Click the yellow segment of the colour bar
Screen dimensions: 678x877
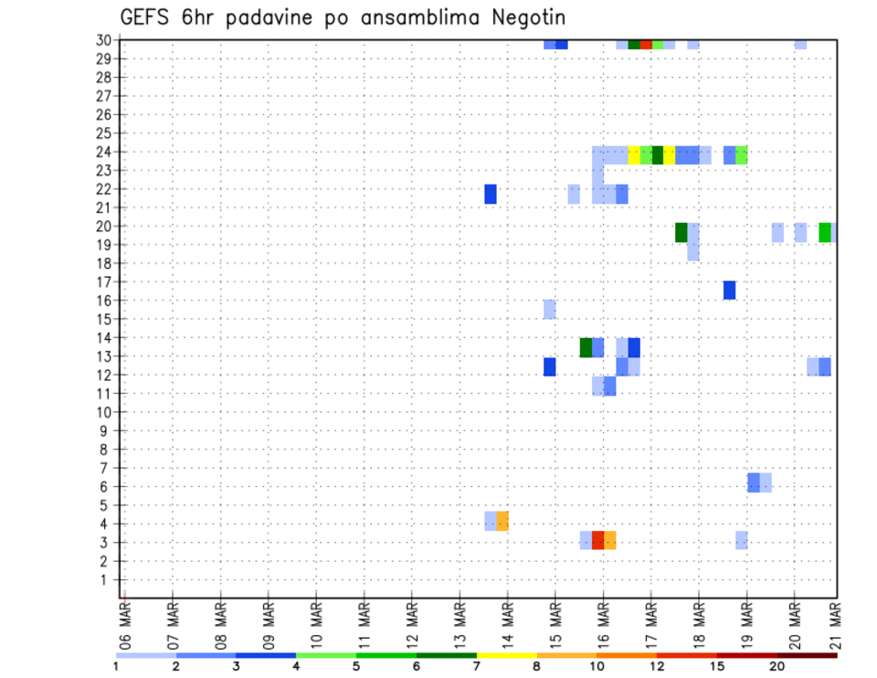pyautogui.click(x=506, y=655)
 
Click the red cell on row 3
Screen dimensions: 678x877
pyautogui.click(x=597, y=540)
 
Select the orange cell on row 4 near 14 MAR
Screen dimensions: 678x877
pyautogui.click(x=502, y=521)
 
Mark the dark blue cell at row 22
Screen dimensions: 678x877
pyautogui.click(x=491, y=194)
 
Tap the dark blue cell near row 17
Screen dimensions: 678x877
pyautogui.click(x=729, y=290)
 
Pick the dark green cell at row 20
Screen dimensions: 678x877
pyautogui.click(x=682, y=232)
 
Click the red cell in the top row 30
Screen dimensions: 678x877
pyautogui.click(x=646, y=44)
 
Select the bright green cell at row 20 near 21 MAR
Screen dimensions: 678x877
pyautogui.click(x=825, y=232)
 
